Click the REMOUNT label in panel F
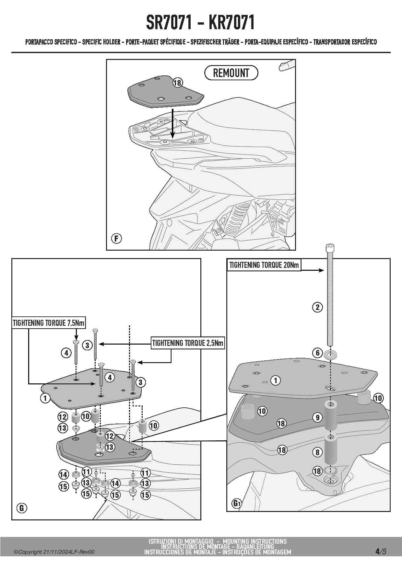pyautogui.click(x=231, y=73)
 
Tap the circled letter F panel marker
pyautogui.click(x=116, y=239)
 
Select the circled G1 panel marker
pyautogui.click(x=237, y=503)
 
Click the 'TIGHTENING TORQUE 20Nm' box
pyautogui.click(x=264, y=265)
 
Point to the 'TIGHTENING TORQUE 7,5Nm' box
pyautogui.click(x=49, y=323)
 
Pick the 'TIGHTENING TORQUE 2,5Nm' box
pyautogui.click(x=188, y=343)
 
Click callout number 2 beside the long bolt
pyautogui.click(x=317, y=307)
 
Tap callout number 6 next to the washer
pyautogui.click(x=317, y=353)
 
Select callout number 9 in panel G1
pyautogui.click(x=318, y=417)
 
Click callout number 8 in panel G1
pyautogui.click(x=317, y=452)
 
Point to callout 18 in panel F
pyautogui.click(x=177, y=83)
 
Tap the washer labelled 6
pyautogui.click(x=330, y=354)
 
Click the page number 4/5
pyautogui.click(x=381, y=551)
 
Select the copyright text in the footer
pyautogui.click(x=54, y=552)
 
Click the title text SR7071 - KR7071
pyautogui.click(x=200, y=22)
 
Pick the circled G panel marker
pyautogui.click(x=22, y=508)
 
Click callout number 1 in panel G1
pyautogui.click(x=276, y=380)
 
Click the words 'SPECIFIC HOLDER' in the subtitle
pyautogui.click(x=101, y=42)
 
